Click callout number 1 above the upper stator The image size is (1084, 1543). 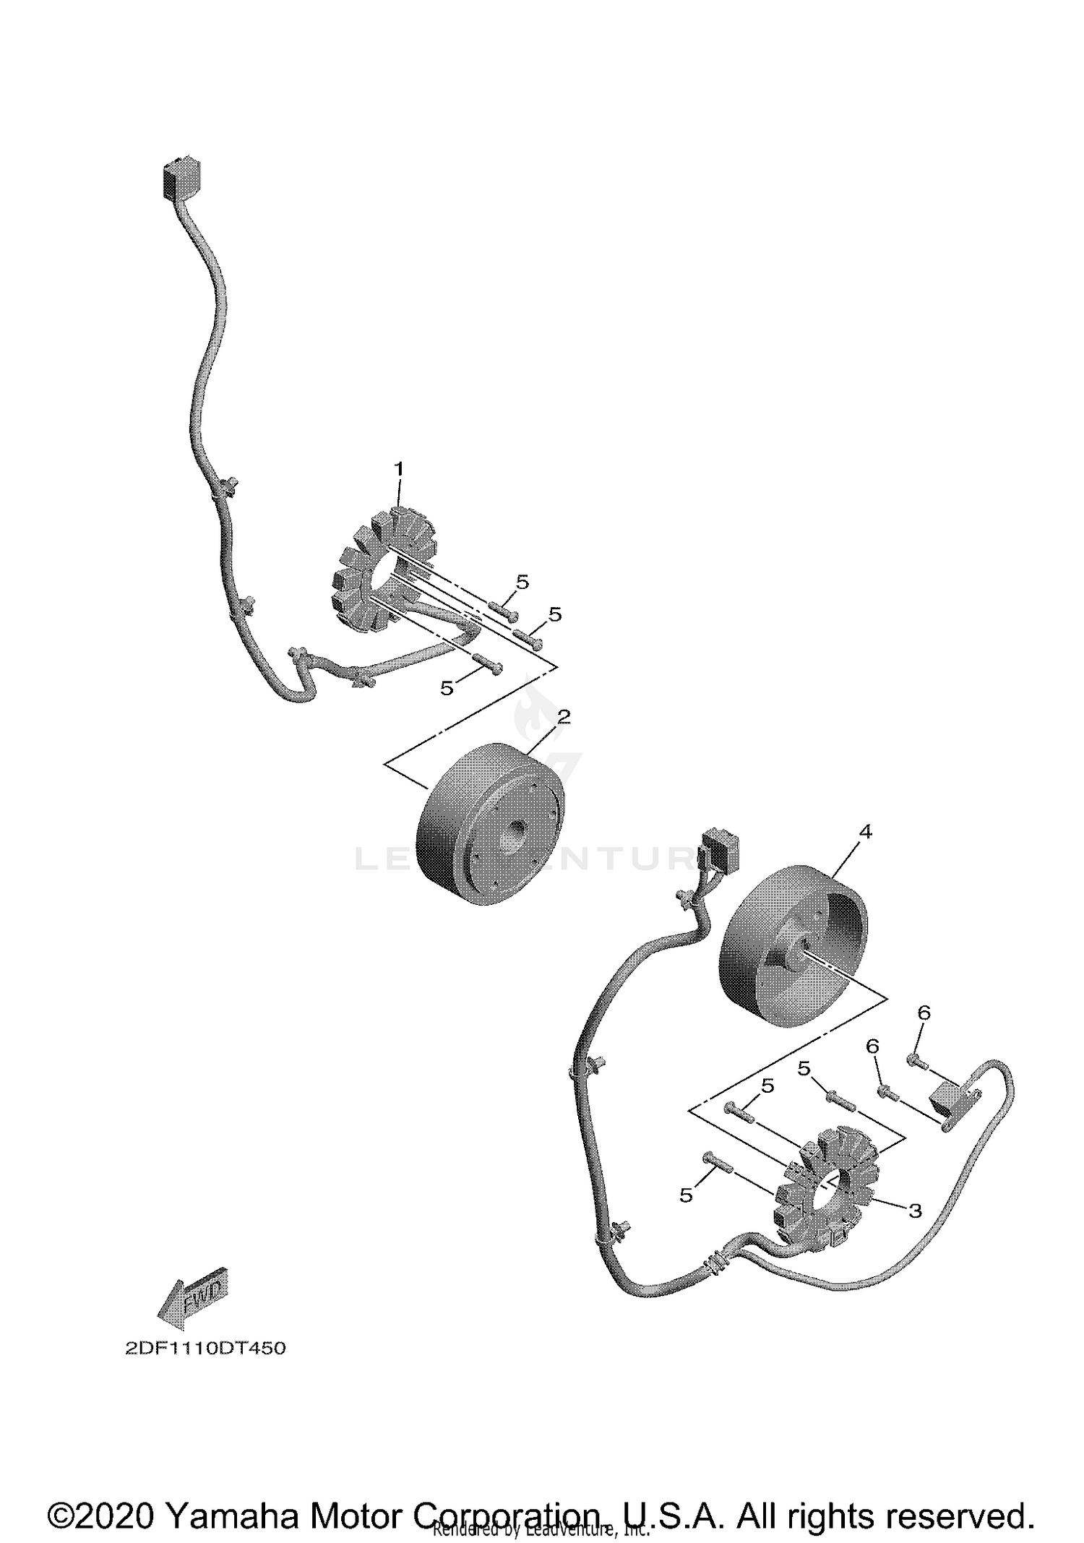[x=398, y=469]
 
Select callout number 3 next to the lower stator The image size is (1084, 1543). [x=915, y=1211]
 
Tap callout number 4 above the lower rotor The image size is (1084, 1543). [x=865, y=832]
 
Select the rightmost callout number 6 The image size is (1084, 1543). [x=924, y=1013]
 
